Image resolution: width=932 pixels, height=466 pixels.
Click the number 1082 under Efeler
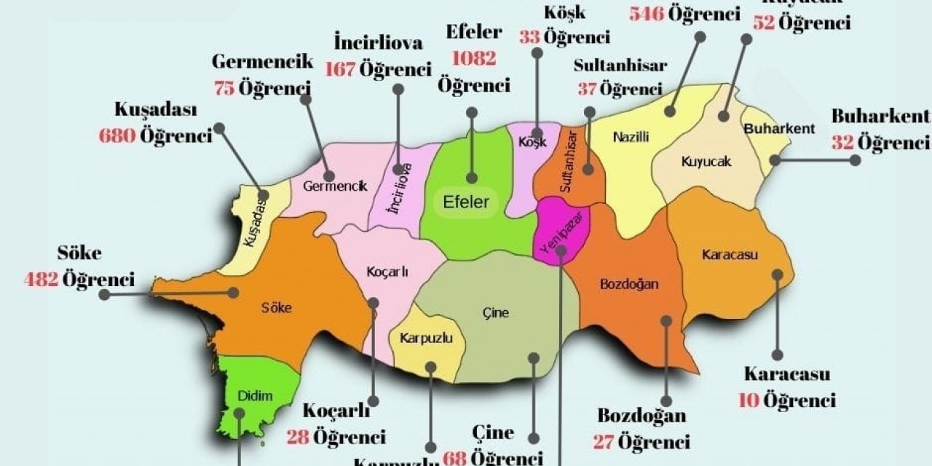tap(473, 58)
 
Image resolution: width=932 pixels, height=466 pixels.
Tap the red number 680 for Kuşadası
tap(117, 135)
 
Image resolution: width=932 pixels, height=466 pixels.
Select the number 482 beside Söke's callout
tap(41, 279)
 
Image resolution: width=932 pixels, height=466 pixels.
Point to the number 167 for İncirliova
tap(341, 69)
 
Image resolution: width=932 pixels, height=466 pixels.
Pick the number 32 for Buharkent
tap(842, 143)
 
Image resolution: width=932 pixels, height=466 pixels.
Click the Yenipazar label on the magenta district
tap(559, 234)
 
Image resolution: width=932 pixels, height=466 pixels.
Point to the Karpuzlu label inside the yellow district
tap(427, 339)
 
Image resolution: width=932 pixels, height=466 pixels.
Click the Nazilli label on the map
tap(631, 136)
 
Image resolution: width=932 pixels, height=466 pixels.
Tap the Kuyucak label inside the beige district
tap(706, 162)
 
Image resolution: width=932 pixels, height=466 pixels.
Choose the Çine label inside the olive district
tap(496, 313)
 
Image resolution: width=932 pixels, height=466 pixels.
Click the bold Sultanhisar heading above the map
tap(620, 66)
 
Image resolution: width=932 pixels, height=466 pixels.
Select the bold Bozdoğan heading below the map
tap(641, 416)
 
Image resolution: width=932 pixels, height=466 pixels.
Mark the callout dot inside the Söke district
tap(234, 292)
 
